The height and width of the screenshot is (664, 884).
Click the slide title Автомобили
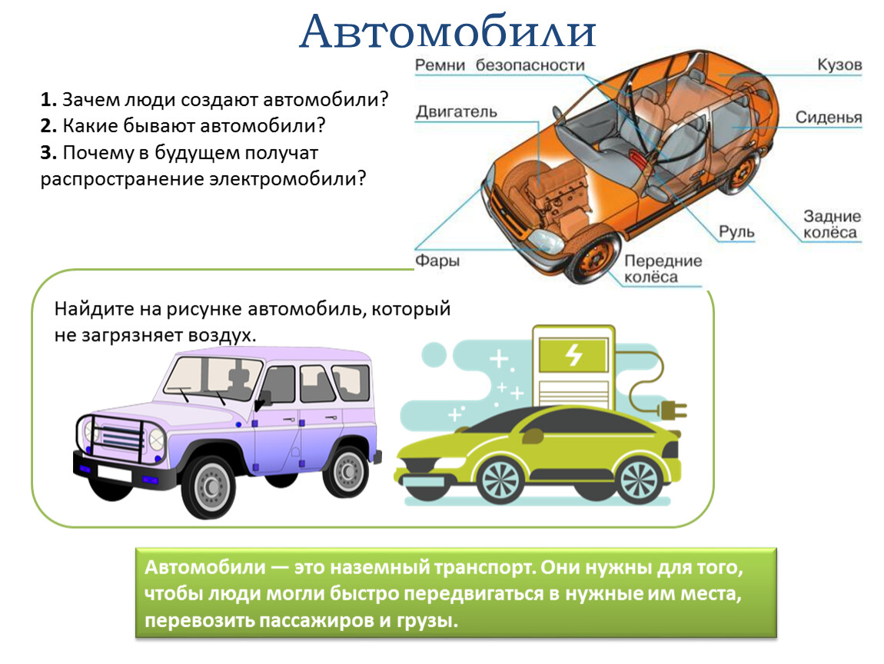[x=447, y=32]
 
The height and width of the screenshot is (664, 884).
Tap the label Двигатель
[x=457, y=111]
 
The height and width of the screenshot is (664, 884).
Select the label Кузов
[x=839, y=65]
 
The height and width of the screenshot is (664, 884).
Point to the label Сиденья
[x=828, y=117]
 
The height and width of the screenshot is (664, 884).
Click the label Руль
[x=736, y=231]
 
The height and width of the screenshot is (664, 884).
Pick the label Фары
[x=437, y=261]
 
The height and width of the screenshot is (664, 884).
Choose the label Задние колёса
[x=832, y=224]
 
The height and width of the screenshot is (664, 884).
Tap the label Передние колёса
[x=663, y=268]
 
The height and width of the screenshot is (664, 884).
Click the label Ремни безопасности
[x=500, y=65]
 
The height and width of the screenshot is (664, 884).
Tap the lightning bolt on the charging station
[x=574, y=354]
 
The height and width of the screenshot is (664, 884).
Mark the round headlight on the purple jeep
[x=156, y=439]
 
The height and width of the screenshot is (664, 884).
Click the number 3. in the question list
[x=48, y=152]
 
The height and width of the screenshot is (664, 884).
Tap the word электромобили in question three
[x=287, y=179]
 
